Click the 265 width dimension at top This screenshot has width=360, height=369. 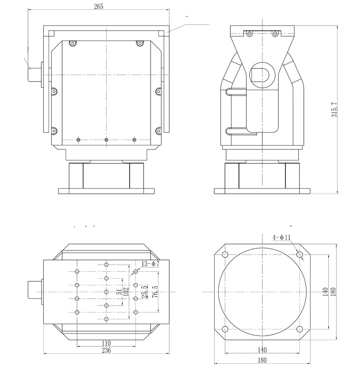pos(99,6)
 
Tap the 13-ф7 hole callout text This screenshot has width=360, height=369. pos(150,264)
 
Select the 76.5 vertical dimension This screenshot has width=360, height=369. pos(155,292)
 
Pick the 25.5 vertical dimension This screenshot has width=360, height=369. pos(144,292)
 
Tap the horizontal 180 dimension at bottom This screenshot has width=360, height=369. pos(262,360)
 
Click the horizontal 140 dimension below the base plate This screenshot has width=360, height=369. pos(262,350)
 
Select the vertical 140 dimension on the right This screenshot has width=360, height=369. pos(325,292)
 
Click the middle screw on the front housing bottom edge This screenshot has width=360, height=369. pos(106,140)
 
